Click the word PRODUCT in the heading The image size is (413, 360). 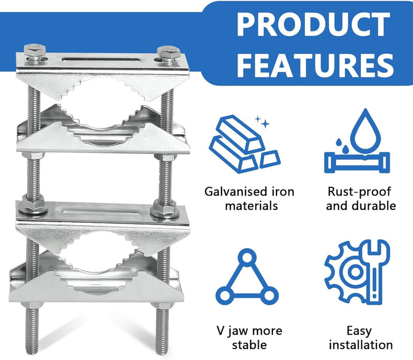click(313, 24)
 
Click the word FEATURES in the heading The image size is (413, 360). click(315, 65)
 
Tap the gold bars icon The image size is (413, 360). click(245, 144)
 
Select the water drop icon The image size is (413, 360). click(357, 141)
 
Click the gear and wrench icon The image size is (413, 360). click(357, 272)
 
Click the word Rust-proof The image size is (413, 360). click(359, 192)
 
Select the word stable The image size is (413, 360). click(249, 345)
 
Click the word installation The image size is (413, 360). click(361, 345)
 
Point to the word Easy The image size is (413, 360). click(359, 331)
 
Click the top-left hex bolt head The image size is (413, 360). click(34, 50)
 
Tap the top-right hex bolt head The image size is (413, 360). click(168, 53)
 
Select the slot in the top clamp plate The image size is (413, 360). click(100, 60)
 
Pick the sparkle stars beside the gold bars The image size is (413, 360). click(262, 122)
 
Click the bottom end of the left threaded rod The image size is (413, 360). click(32, 352)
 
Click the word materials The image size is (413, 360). click(252, 206)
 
